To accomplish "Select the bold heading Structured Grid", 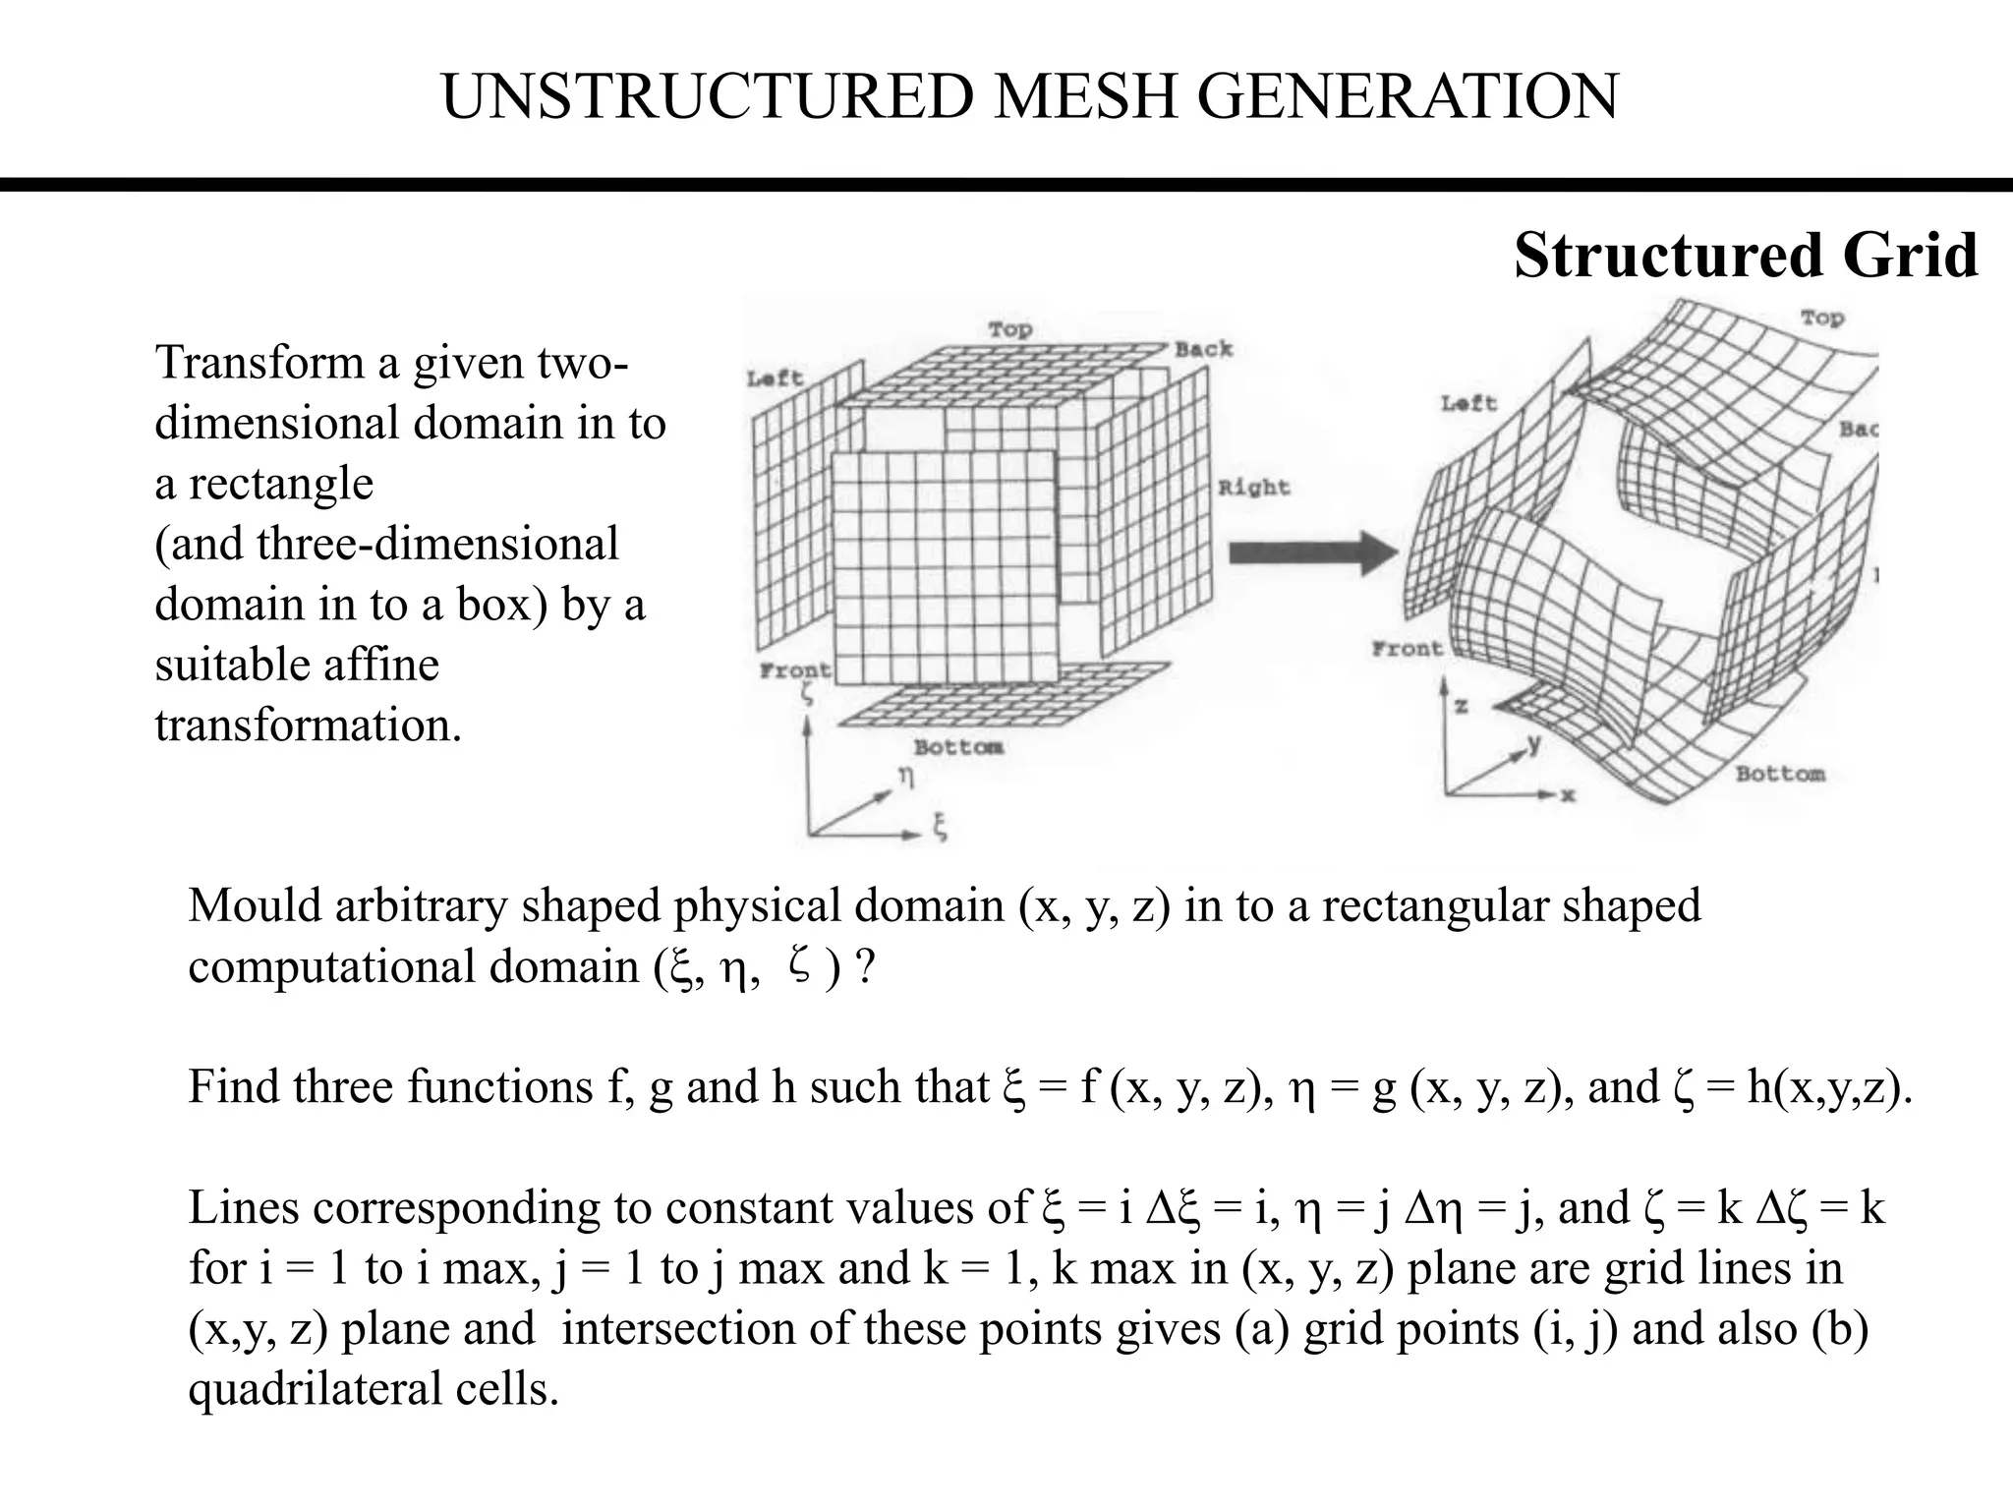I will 1746,256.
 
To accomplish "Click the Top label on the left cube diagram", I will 1009,329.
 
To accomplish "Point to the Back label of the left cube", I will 1203,349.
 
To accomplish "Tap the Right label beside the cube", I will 1253,487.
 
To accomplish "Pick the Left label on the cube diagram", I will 775,377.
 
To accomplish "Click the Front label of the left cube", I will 794,670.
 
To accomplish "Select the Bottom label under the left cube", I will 958,747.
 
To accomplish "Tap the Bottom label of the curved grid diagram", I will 1780,774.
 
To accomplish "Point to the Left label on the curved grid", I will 1468,403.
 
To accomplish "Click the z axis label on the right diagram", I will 1461,707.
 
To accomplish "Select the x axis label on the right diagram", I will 1568,794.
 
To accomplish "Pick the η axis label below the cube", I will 906,777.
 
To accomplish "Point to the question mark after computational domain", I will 864,967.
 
